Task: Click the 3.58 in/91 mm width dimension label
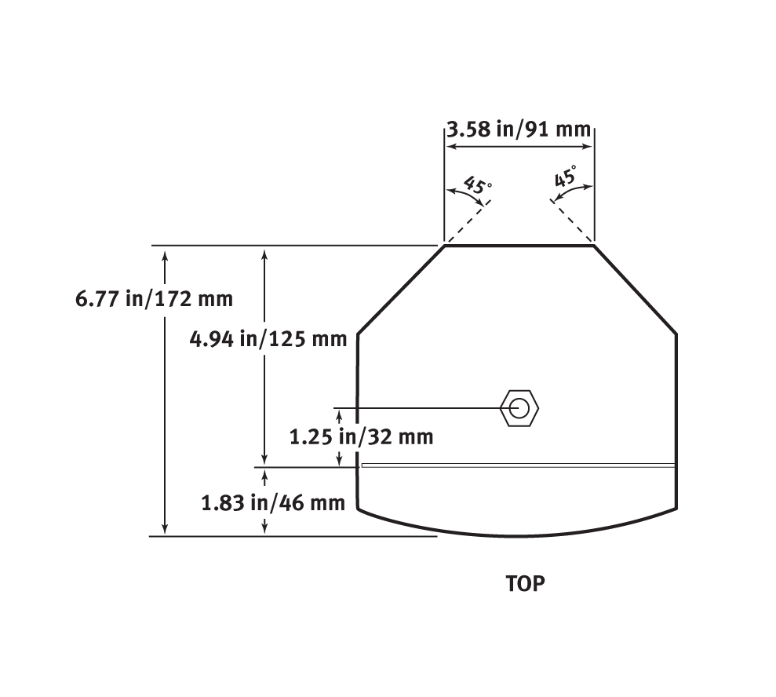519,130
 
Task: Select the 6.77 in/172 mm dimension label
154,299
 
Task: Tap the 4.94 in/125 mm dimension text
268,339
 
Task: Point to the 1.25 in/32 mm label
361,436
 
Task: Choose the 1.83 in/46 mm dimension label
273,503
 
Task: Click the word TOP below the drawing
525,584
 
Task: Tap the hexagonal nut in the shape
519,408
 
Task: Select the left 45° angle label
478,185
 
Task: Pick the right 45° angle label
566,177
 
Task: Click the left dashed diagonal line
467,222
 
